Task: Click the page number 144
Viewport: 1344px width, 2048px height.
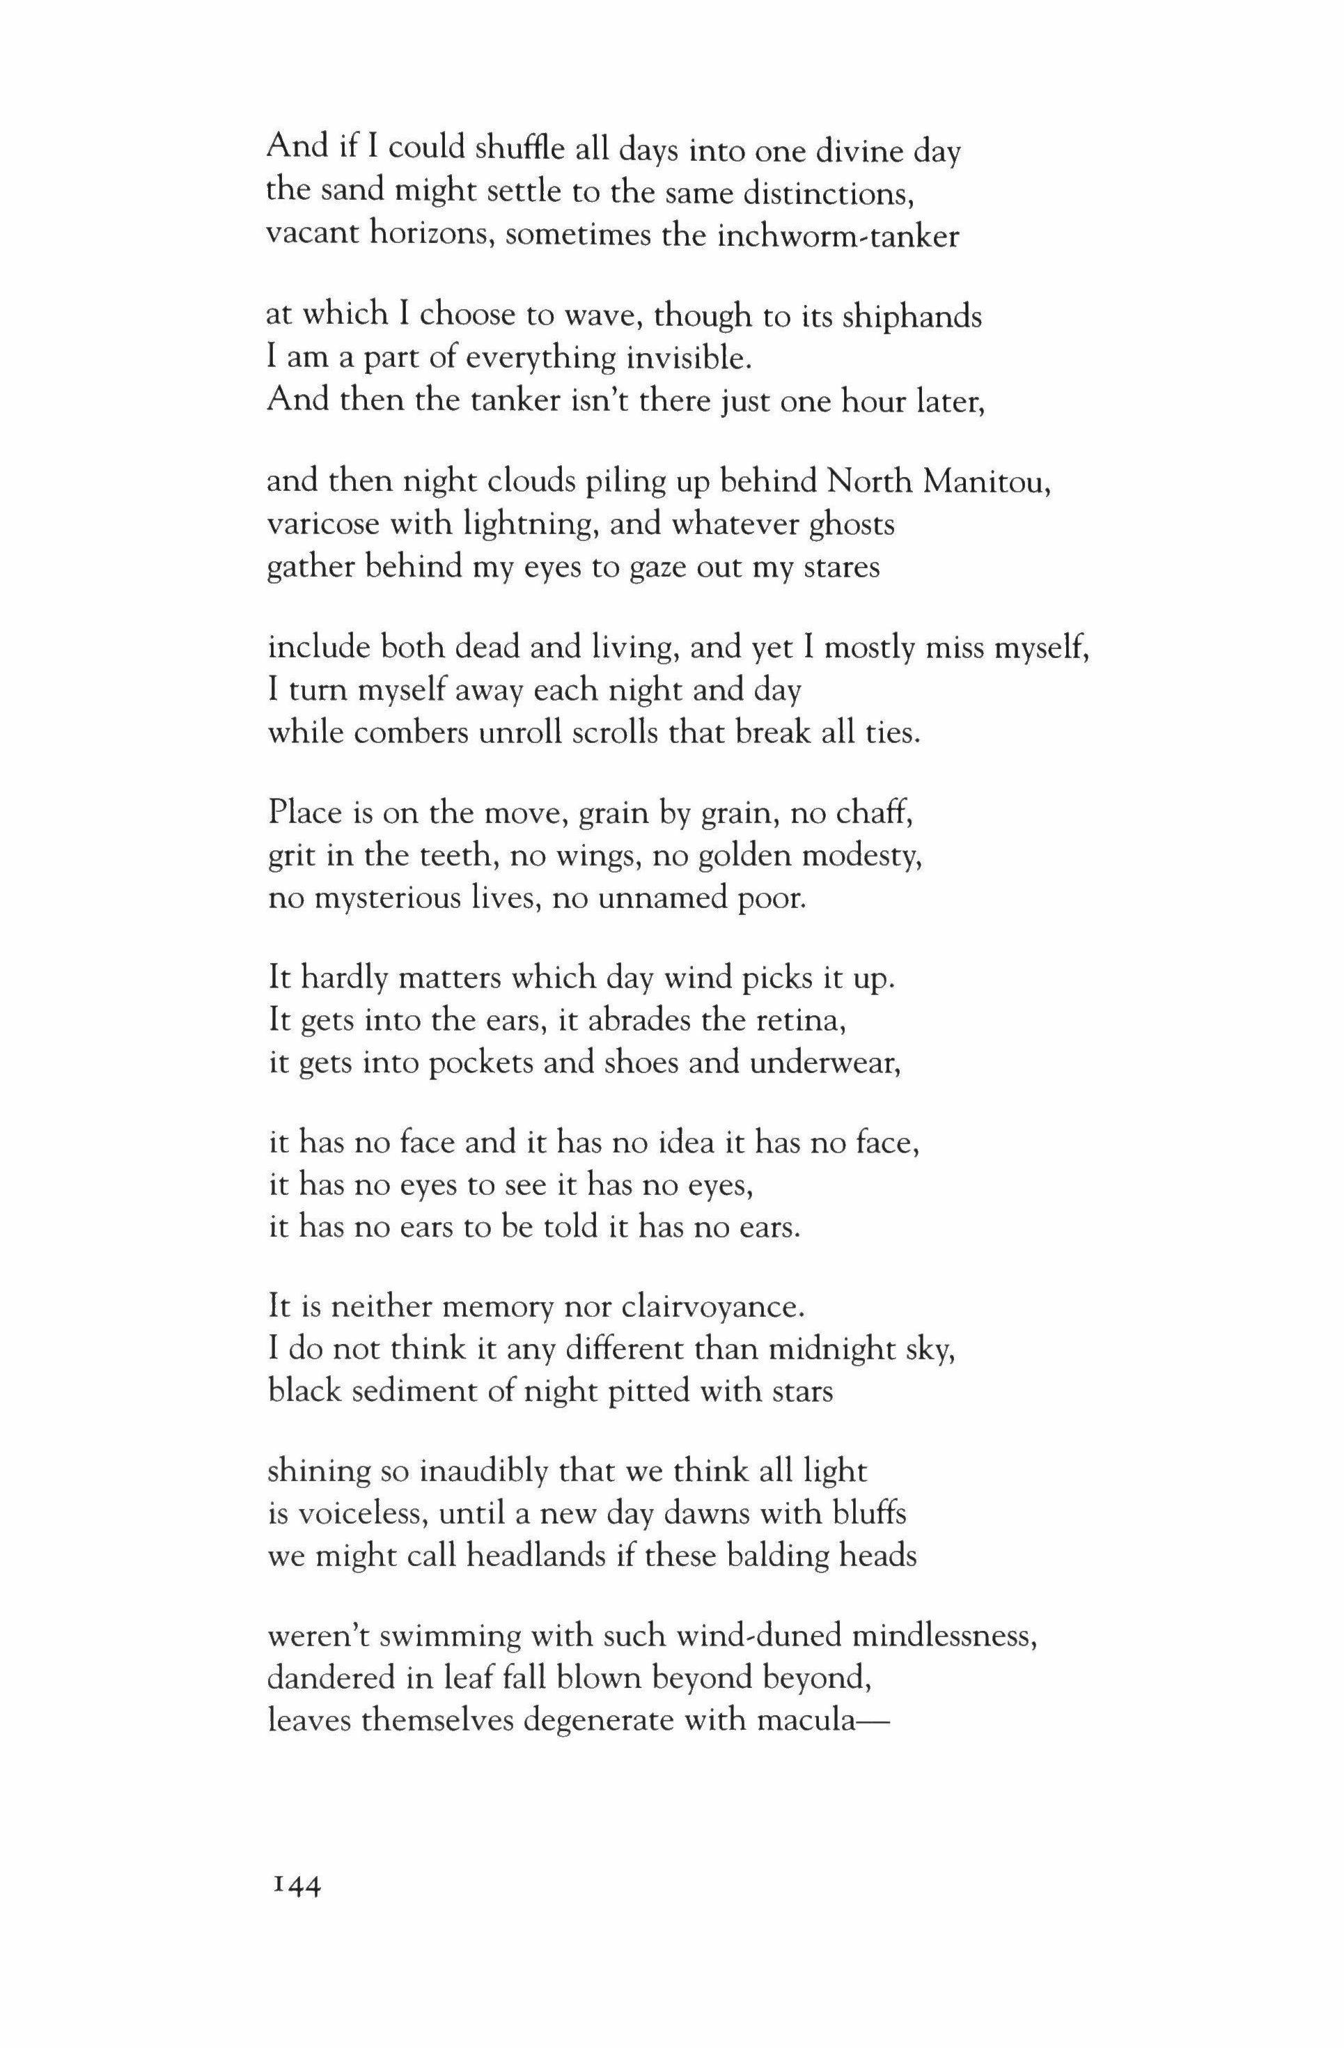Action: [295, 1886]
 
